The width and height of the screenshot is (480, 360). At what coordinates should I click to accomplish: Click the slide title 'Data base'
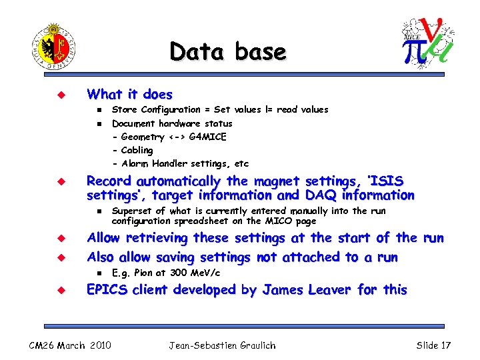click(227, 51)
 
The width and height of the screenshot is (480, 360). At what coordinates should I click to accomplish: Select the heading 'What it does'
click(130, 95)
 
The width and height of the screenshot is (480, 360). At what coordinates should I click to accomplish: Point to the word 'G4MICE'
click(208, 137)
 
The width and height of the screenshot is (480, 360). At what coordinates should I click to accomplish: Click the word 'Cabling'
click(137, 150)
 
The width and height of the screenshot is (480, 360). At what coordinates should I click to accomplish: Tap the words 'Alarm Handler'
click(155, 163)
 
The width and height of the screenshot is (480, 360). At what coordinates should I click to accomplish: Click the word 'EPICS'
click(108, 290)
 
